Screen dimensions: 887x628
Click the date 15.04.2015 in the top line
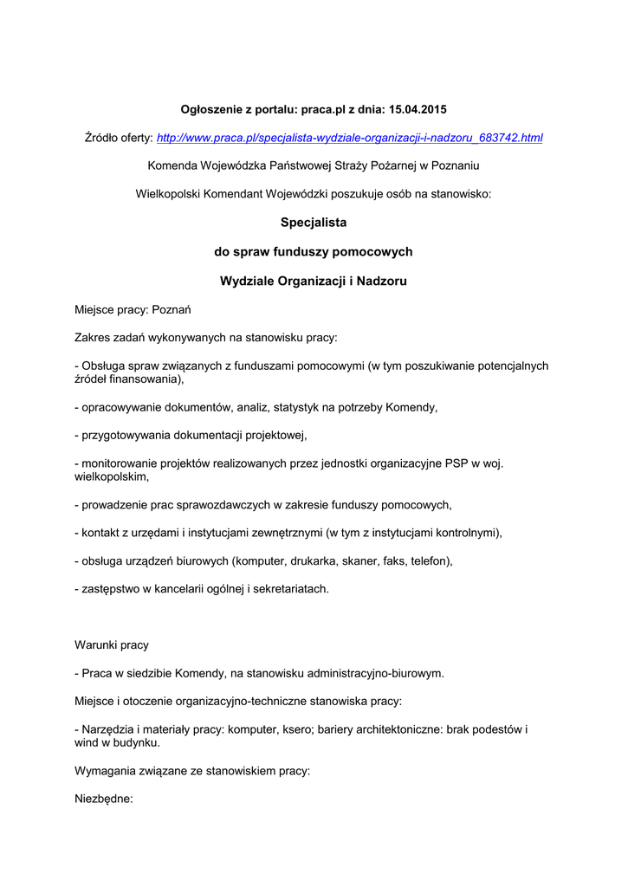click(x=418, y=109)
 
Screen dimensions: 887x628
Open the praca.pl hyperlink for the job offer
click(x=349, y=138)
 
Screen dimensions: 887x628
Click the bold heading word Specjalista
click(x=314, y=223)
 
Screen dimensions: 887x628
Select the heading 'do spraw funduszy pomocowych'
click(x=314, y=252)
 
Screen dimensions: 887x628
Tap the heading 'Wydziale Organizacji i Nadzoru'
click(x=314, y=282)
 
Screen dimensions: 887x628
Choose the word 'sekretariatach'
click(x=288, y=589)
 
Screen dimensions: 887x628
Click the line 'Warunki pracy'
click(x=112, y=645)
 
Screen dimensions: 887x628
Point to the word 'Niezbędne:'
click(x=104, y=800)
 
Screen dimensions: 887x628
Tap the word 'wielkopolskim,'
click(x=112, y=476)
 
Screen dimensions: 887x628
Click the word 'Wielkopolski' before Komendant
click(x=169, y=194)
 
